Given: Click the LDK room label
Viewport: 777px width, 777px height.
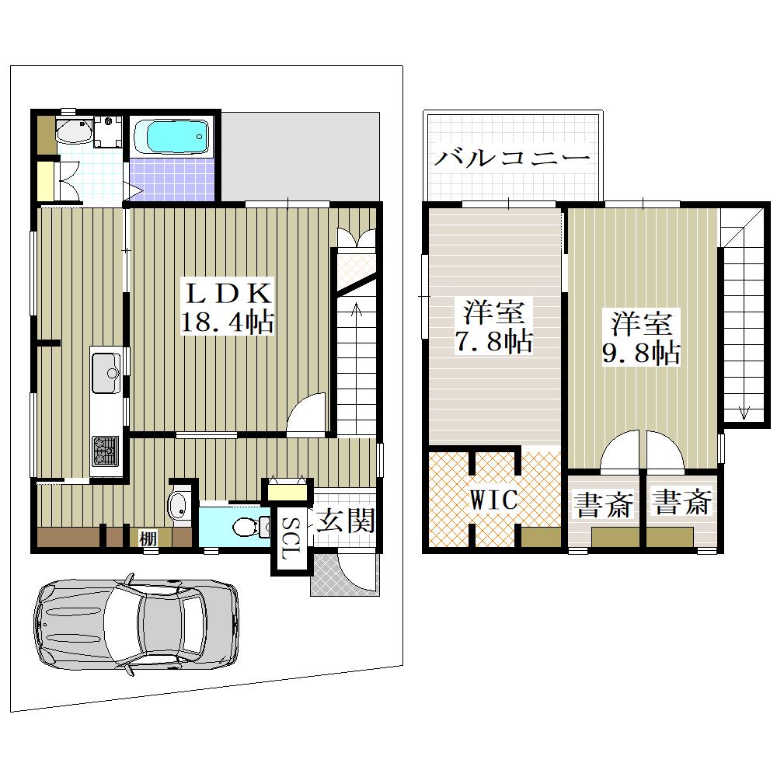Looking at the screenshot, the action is click(228, 294).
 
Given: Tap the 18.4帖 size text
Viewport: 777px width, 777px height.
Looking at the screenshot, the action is click(228, 322).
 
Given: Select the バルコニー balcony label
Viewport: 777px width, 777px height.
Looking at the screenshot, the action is click(512, 159).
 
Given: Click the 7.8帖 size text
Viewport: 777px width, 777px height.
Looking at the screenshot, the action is click(493, 341).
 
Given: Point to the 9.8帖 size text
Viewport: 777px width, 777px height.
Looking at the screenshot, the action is click(641, 353).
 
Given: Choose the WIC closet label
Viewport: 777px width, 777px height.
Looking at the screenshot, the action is click(493, 500).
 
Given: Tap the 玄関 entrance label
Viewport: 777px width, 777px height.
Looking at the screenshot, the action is click(346, 521).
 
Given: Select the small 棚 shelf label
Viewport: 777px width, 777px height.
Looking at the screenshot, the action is click(148, 538).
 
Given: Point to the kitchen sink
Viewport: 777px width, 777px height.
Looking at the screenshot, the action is click(106, 373).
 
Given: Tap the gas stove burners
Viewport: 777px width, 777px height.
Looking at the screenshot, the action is click(106, 451).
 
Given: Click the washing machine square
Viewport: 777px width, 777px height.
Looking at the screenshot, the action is click(108, 131).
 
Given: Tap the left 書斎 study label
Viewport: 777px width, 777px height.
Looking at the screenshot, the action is click(604, 504).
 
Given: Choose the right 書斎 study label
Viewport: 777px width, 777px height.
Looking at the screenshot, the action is click(682, 501).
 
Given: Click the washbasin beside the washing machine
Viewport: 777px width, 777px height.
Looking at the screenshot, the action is click(74, 131).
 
